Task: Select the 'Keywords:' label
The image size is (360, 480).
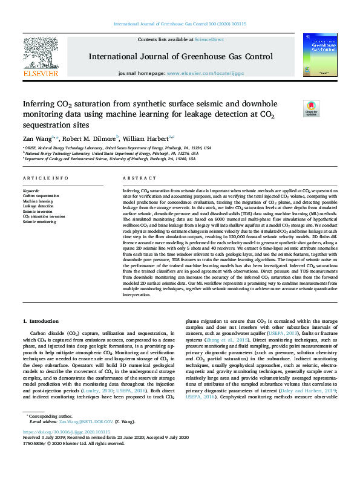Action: pyautogui.click(x=31, y=191)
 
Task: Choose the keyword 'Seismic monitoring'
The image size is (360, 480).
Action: pyautogui.click(x=39, y=222)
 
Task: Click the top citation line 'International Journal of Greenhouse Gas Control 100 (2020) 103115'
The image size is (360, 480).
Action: pyautogui.click(x=180, y=24)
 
